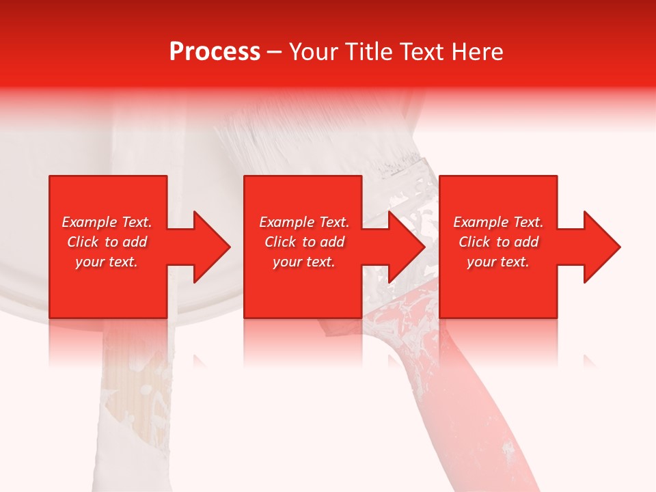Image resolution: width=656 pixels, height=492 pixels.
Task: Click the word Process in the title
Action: pyautogui.click(x=215, y=52)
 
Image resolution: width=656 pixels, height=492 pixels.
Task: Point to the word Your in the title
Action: pyautogui.click(x=312, y=52)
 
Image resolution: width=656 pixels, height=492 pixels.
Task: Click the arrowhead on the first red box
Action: pyautogui.click(x=209, y=247)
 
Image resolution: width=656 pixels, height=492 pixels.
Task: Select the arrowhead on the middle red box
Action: pyautogui.click(x=405, y=247)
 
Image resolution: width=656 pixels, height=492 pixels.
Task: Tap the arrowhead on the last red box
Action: pyautogui.click(x=600, y=247)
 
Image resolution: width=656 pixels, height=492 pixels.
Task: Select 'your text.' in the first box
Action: pyautogui.click(x=107, y=262)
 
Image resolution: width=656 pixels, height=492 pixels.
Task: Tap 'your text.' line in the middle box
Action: pyautogui.click(x=304, y=262)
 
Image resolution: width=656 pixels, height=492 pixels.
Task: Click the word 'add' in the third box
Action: pyautogui.click(x=525, y=242)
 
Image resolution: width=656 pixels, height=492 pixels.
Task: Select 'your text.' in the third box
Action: pyautogui.click(x=498, y=262)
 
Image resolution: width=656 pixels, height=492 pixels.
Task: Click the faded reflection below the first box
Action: pyautogui.click(x=108, y=342)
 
